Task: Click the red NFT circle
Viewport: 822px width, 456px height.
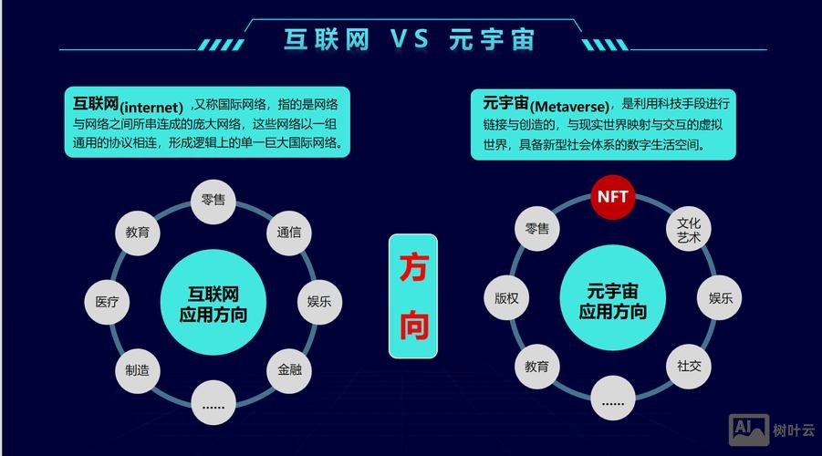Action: [x=613, y=197]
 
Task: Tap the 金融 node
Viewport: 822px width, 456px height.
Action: [x=289, y=369]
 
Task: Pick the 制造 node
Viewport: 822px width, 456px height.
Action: [x=138, y=369]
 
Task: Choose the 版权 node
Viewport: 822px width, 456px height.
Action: [x=506, y=298]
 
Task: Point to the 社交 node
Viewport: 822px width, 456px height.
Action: [x=689, y=366]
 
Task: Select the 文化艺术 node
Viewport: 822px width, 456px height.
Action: [x=689, y=230]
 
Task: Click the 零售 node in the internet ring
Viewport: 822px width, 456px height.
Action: [x=213, y=201]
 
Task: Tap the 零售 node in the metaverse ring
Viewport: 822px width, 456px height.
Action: [x=537, y=229]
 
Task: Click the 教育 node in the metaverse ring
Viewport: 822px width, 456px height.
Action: [x=537, y=367]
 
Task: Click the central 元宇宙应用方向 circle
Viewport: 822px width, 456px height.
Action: [x=613, y=302]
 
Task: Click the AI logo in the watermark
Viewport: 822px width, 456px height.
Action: [x=747, y=427]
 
